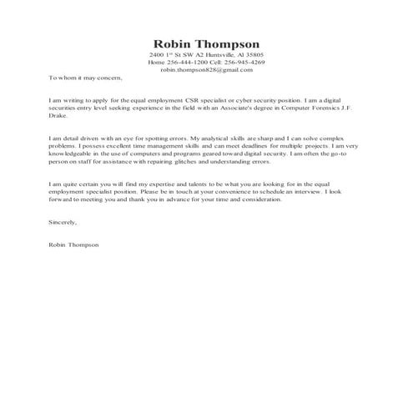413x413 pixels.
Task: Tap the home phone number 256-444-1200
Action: [x=184, y=63]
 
